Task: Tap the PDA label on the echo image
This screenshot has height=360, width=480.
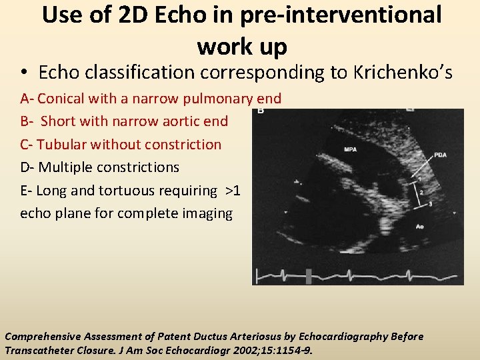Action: (x=440, y=156)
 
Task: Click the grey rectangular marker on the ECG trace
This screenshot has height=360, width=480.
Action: (x=309, y=275)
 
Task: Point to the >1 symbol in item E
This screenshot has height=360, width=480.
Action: (x=233, y=191)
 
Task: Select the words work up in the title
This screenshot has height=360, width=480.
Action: (x=242, y=47)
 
